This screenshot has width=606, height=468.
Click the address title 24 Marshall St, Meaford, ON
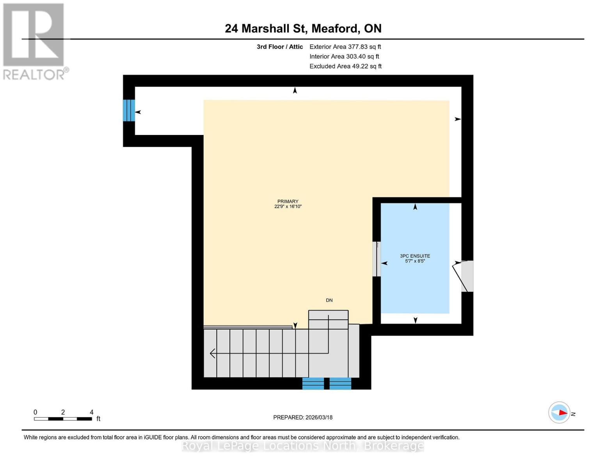303,28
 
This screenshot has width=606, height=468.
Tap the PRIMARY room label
288,201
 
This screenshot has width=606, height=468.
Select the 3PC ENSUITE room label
415,256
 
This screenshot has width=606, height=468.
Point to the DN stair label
329,300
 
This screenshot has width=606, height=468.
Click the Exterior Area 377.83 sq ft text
345,47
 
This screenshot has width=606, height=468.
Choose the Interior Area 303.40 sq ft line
344,57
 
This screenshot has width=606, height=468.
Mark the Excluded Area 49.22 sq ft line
345,66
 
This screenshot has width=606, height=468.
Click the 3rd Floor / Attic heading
279,47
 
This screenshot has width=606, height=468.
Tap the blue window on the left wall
129,110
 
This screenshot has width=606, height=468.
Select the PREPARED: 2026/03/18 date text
303,417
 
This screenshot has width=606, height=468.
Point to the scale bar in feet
63,419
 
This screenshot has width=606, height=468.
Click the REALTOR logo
34,41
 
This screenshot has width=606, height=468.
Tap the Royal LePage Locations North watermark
303,446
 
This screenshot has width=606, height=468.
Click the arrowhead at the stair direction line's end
212,353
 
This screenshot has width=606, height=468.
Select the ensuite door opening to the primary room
377,259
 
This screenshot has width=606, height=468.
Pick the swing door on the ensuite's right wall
464,276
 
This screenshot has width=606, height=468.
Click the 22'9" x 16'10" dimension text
288,207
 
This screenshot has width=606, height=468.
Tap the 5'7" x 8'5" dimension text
415,261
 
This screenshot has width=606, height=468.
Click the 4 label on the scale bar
92,412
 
